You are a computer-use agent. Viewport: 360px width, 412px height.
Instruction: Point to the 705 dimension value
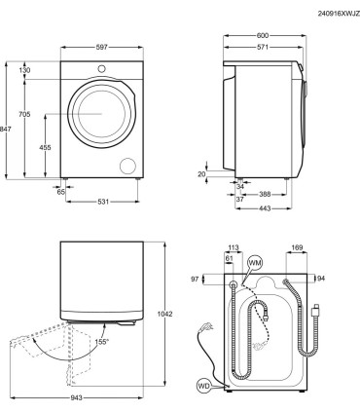pyautogui.click(x=24, y=115)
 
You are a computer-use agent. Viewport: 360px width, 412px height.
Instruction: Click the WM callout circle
pyautogui.click(x=255, y=263)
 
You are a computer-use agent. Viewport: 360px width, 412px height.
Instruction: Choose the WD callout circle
pyautogui.click(x=203, y=385)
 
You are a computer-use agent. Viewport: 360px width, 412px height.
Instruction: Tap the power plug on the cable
pyautogui.click(x=205, y=327)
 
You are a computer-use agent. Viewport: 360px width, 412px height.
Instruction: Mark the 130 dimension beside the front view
pyautogui.click(x=24, y=69)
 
